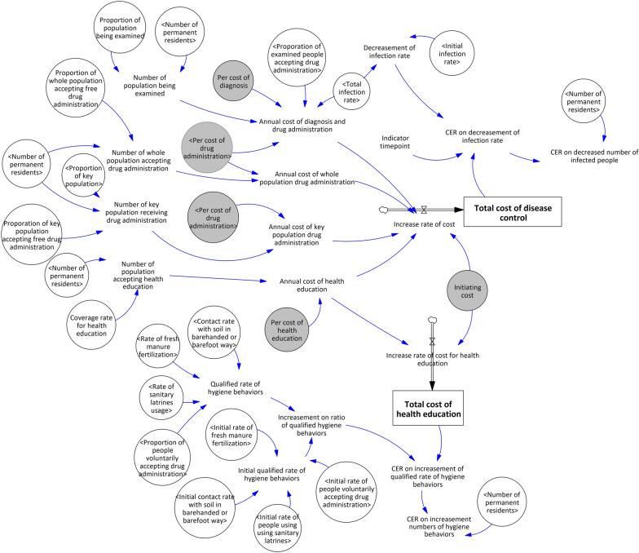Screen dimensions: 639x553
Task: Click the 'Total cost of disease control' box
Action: (513, 212)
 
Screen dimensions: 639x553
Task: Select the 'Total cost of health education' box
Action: (428, 408)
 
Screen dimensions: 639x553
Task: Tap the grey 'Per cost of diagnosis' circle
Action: (233, 82)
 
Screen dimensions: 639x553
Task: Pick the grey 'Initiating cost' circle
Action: (467, 290)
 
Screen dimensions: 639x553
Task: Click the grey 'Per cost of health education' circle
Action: (287, 330)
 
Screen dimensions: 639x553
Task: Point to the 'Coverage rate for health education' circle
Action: (91, 325)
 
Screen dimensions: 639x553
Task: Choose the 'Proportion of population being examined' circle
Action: (120, 28)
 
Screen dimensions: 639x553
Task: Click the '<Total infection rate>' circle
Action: (352, 91)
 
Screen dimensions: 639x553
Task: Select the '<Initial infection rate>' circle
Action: (452, 53)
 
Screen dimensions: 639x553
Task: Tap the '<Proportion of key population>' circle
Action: (83, 176)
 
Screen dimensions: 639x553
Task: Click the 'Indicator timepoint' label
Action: (394, 142)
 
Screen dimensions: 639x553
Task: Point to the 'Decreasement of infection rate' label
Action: (390, 52)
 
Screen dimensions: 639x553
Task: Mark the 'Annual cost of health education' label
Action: (311, 285)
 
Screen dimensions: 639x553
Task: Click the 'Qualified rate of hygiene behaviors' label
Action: (235, 388)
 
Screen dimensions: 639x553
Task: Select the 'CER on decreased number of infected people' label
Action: (594, 157)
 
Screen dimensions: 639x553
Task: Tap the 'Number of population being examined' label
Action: (150, 85)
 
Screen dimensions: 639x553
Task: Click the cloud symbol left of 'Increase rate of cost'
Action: (383, 210)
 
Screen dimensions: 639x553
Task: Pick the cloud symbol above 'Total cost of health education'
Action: (432, 320)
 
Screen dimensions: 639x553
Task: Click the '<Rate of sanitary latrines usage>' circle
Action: (161, 398)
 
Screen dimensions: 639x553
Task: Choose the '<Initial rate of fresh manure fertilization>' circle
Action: (231, 436)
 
